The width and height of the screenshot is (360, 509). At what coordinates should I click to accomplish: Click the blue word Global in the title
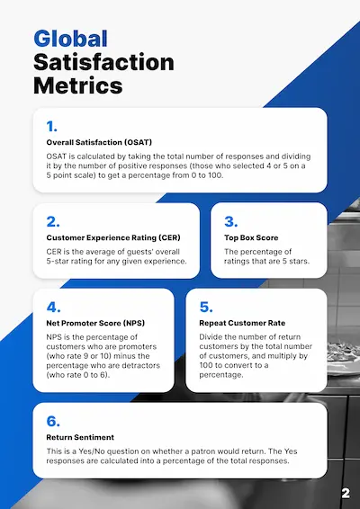tap(70, 38)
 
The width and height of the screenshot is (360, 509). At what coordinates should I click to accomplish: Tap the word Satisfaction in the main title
tap(103, 62)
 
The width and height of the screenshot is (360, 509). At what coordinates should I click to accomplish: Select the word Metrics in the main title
tap(78, 86)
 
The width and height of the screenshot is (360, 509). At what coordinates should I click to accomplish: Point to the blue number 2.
tap(53, 220)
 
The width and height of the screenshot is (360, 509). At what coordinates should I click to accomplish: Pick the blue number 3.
tap(230, 220)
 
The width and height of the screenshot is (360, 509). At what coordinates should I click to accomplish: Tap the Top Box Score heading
tap(251, 237)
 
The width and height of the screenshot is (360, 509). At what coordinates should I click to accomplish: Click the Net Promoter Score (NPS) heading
tap(94, 322)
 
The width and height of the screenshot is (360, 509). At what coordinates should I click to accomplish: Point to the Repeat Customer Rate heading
tap(242, 322)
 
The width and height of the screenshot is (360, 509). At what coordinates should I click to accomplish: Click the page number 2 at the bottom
tap(346, 493)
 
